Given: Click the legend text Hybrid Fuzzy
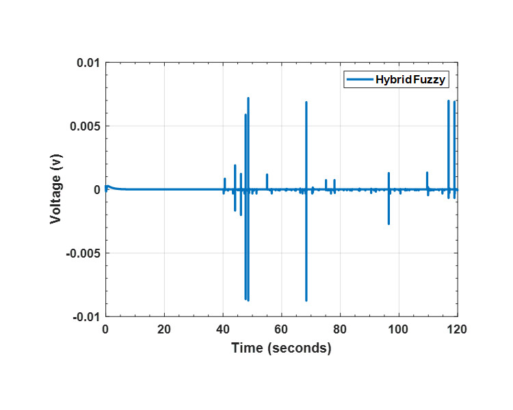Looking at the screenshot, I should [410, 80].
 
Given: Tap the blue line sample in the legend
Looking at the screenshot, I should [359, 80].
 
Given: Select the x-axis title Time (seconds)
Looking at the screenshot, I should [281, 348].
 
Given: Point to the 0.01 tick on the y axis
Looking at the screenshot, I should [88, 63].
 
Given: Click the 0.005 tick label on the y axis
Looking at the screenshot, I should [85, 126].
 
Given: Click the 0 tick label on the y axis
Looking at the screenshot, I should [96, 190].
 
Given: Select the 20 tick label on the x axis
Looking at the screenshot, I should [163, 328].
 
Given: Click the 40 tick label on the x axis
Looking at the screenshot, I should [222, 328].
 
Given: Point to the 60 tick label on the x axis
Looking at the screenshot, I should [281, 328].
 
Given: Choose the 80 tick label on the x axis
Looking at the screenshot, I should [340, 328].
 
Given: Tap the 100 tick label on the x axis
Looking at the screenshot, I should [398, 328].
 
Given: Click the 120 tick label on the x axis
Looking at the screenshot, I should [456, 328].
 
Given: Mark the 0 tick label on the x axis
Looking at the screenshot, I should [105, 328].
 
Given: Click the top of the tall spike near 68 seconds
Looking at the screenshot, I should [306, 102].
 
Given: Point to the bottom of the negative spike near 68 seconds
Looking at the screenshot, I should [306, 300].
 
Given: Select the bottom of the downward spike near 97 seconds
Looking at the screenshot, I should [389, 223].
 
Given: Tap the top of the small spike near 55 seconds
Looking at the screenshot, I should [267, 175].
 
